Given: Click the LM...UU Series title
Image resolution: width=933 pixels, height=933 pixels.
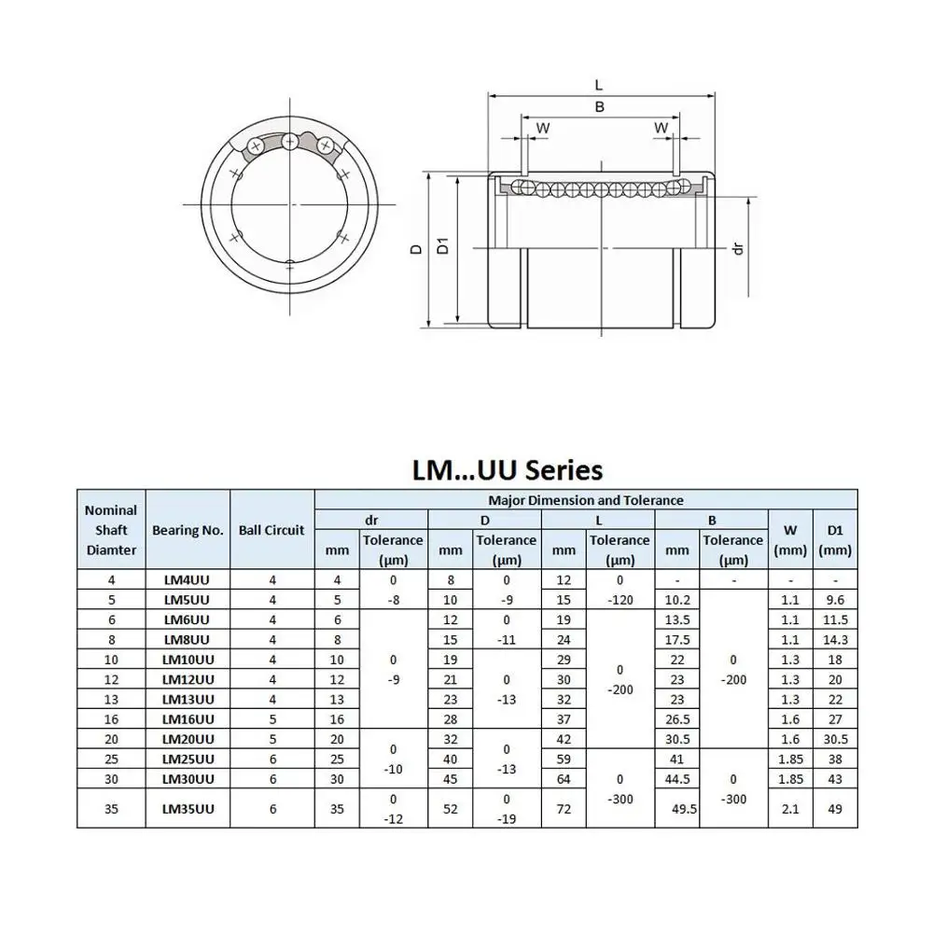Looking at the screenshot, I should pyautogui.click(x=508, y=468).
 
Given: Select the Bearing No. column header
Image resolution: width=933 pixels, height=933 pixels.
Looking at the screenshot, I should pyautogui.click(x=188, y=530).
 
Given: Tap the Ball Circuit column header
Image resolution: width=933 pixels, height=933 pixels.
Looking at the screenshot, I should pyautogui.click(x=272, y=530).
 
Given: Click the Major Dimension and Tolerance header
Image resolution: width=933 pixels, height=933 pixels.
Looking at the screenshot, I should pyautogui.click(x=586, y=500).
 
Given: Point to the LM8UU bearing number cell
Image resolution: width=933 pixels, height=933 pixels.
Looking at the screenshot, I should pyautogui.click(x=188, y=639).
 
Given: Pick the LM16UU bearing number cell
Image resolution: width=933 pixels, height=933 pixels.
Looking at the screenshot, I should pyautogui.click(x=188, y=718).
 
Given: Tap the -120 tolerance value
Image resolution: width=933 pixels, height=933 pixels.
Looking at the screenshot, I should pyautogui.click(x=620, y=600).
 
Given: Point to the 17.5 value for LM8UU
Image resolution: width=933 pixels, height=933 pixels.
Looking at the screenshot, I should pyautogui.click(x=677, y=639).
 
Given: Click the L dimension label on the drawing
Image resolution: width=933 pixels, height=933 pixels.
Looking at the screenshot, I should pyautogui.click(x=599, y=84).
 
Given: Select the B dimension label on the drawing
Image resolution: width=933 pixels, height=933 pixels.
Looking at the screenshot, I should pyautogui.click(x=599, y=106).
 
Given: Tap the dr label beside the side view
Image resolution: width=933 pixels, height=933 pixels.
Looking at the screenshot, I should pyautogui.click(x=738, y=250).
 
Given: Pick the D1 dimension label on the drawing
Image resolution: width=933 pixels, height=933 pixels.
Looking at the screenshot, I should pyautogui.click(x=445, y=247).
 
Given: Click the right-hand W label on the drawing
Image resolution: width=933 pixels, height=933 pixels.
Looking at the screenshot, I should pyautogui.click(x=661, y=127).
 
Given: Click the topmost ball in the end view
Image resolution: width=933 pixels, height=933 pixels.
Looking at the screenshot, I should pyautogui.click(x=291, y=142).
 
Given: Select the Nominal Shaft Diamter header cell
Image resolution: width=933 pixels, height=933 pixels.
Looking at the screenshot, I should pyautogui.click(x=111, y=530).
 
